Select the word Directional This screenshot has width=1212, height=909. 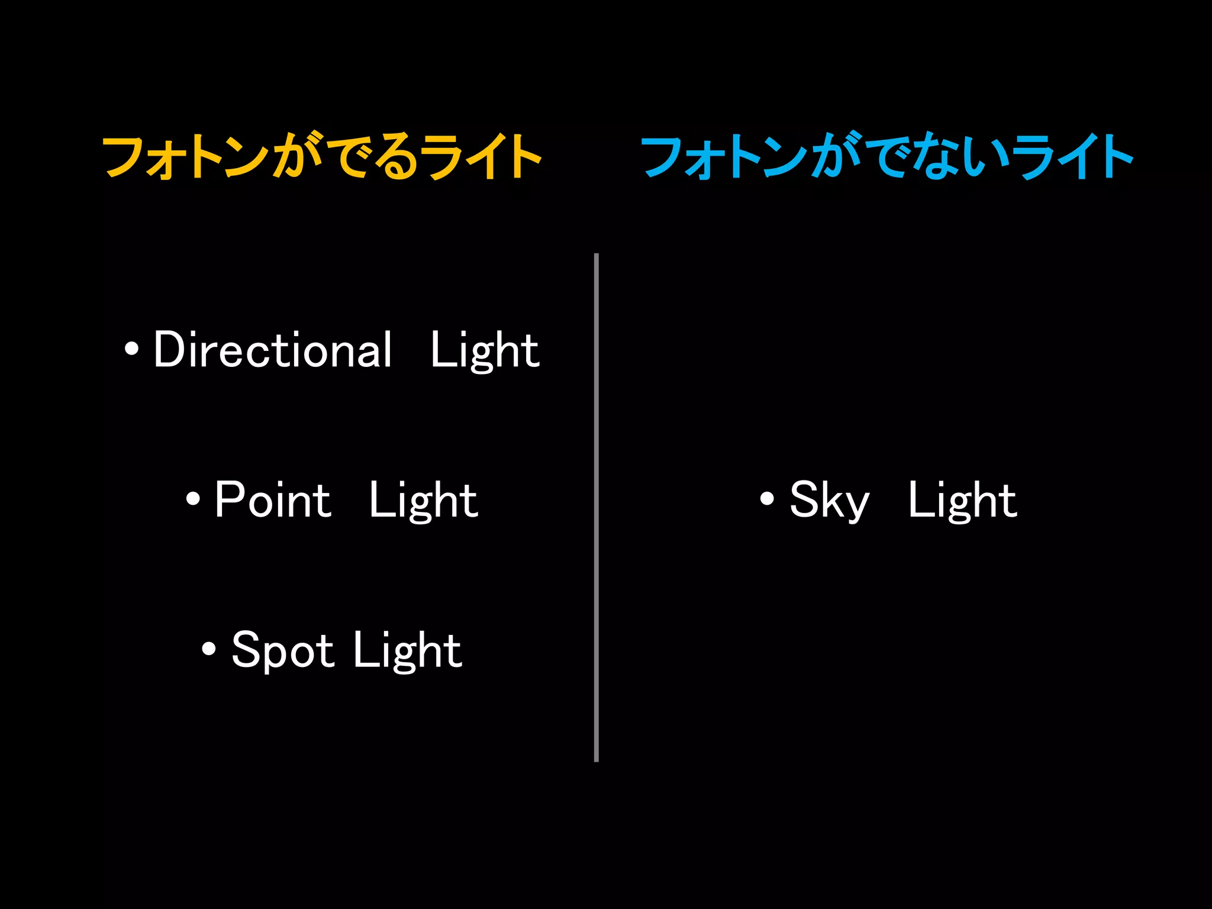[273, 350]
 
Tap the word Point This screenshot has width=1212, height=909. [273, 500]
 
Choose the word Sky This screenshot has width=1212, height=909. [829, 501]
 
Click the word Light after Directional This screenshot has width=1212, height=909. [485, 351]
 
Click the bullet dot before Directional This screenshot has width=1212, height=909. [131, 349]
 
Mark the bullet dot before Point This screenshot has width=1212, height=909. [193, 499]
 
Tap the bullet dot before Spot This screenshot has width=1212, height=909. [208, 649]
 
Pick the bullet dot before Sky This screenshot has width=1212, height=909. [767, 499]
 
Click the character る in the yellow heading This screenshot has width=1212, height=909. [398, 156]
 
